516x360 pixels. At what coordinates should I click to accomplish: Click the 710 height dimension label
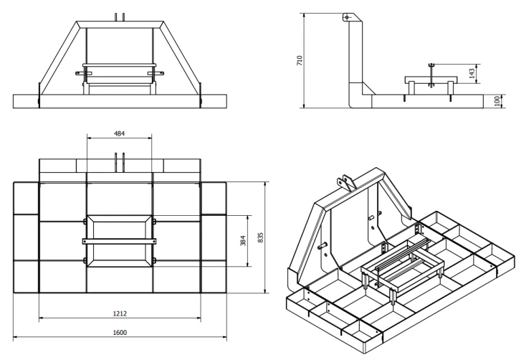pyautogui.click(x=300, y=60)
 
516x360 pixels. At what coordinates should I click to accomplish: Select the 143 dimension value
pyautogui.click(x=472, y=73)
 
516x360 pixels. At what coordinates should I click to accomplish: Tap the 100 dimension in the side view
pyautogui.click(x=497, y=101)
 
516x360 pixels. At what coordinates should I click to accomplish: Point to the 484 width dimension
pyautogui.click(x=119, y=133)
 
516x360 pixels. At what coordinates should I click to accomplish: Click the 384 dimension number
pyautogui.click(x=243, y=240)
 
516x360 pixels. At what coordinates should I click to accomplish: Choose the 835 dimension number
pyautogui.click(x=260, y=237)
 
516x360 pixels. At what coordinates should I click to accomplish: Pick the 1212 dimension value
pyautogui.click(x=120, y=313)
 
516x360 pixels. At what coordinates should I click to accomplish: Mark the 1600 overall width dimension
pyautogui.click(x=120, y=332)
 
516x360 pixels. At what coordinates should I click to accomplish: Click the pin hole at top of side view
pyautogui.click(x=347, y=16)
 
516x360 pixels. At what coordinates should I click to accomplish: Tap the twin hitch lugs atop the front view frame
pyautogui.click(x=120, y=17)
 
